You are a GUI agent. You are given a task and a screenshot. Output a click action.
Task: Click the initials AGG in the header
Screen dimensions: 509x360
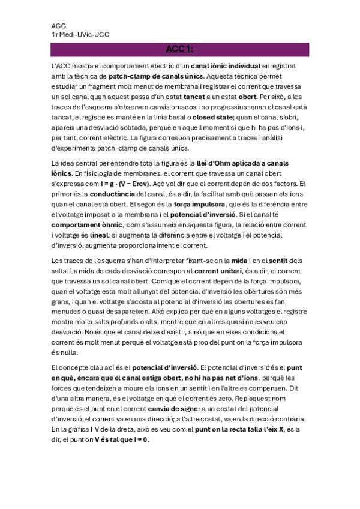58,26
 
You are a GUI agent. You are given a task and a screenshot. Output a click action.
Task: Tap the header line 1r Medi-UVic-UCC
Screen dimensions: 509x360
80,35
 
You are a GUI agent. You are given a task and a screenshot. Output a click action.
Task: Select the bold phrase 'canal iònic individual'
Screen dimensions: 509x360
226,65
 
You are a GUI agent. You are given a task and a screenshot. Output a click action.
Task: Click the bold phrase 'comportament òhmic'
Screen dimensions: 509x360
86,224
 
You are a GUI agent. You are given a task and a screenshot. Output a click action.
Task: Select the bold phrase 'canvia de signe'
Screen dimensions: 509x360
175,409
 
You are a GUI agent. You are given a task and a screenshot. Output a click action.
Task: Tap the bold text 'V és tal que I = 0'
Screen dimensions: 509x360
121,439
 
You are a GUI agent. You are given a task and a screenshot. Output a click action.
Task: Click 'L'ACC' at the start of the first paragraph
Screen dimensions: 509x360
61,65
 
